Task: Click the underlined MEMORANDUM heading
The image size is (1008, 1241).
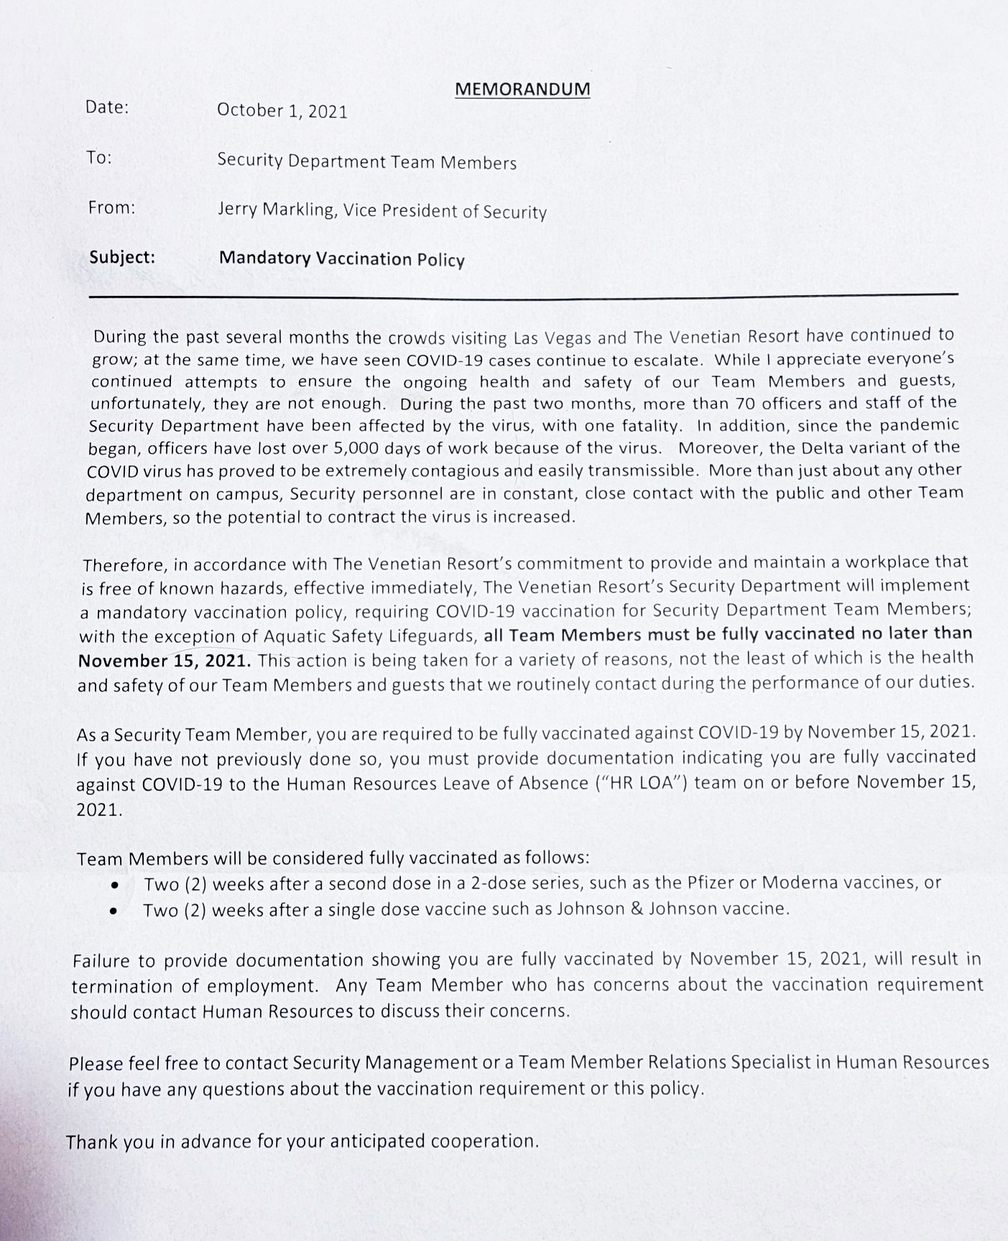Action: [522, 89]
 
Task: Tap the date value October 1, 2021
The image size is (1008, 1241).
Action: [282, 111]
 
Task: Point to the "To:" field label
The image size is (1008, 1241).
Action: [99, 157]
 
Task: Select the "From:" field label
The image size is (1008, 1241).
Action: [111, 208]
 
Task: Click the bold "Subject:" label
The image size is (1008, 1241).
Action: [122, 257]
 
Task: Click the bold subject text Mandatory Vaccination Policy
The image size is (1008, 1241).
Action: [341, 259]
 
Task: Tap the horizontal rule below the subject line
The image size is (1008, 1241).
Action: [523, 295]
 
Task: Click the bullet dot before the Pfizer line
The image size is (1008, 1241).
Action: [114, 885]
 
